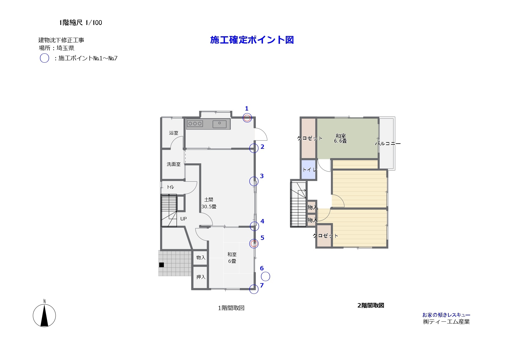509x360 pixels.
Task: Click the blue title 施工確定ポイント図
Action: point(252,40)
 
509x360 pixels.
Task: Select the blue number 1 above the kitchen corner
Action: point(247,108)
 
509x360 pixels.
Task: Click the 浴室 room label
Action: point(174,133)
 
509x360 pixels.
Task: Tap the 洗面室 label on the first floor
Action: point(173,164)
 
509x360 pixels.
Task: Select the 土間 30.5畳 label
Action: point(209,203)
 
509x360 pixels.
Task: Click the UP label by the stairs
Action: point(183,219)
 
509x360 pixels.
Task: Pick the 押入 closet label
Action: point(201,277)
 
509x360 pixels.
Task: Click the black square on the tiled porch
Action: point(162,265)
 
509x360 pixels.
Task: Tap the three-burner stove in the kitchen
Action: point(195,124)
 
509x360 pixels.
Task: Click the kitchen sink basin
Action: point(220,124)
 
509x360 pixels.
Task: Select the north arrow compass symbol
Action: point(44,314)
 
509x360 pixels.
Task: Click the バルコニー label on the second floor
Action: point(388,144)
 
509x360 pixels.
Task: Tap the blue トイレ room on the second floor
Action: point(308,169)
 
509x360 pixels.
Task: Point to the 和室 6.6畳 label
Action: point(340,138)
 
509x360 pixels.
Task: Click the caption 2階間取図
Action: point(371,305)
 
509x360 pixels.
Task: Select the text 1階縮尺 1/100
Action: point(81,23)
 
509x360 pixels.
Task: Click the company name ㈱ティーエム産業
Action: point(446,322)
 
